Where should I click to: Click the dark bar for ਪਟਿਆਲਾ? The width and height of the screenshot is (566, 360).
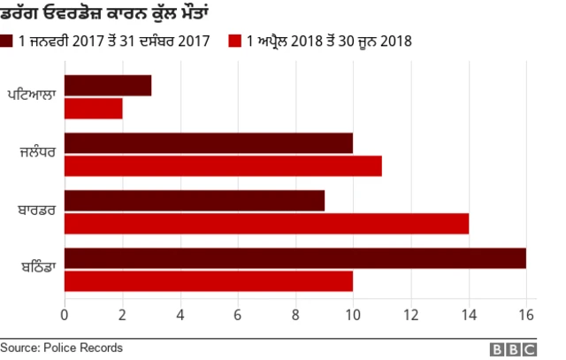(108, 86)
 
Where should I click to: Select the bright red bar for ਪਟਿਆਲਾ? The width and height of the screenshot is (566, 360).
(94, 108)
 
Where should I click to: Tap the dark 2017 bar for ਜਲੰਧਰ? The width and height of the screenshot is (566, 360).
(209, 142)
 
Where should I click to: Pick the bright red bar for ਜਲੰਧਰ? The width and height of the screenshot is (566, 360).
(223, 165)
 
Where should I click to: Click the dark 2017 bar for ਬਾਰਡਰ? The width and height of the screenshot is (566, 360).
(195, 200)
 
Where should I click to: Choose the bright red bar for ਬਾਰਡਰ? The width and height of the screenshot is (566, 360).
(266, 223)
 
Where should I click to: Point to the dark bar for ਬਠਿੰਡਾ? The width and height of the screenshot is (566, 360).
(295, 258)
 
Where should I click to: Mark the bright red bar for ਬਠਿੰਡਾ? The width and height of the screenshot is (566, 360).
(209, 281)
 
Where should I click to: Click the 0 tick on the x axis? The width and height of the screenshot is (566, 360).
(65, 316)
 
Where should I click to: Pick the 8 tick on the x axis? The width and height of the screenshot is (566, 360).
(295, 316)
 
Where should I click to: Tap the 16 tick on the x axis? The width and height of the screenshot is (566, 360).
(526, 316)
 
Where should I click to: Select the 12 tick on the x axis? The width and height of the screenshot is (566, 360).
(410, 316)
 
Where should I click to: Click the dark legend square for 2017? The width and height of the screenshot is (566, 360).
(7, 41)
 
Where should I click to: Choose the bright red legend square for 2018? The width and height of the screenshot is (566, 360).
(235, 41)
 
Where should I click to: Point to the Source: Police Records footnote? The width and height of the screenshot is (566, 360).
(61, 349)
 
